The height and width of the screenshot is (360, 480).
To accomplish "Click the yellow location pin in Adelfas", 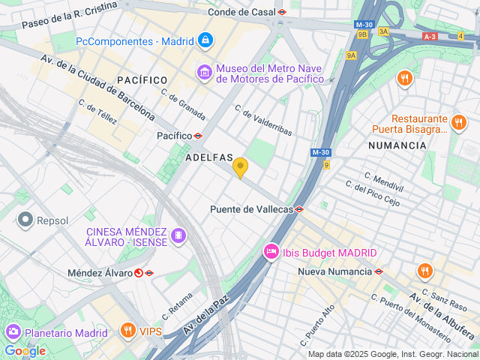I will tap(240, 167).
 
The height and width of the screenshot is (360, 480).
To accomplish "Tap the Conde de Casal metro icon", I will tap(282, 12).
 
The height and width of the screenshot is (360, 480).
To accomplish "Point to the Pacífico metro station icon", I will tap(198, 136).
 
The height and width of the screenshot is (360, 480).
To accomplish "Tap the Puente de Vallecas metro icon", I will tap(299, 209).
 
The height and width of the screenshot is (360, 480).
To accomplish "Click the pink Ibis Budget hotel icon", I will tap(270, 253).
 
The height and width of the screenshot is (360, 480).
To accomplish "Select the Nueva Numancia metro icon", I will tap(379, 271).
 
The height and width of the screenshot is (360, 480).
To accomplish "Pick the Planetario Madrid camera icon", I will tap(13, 331).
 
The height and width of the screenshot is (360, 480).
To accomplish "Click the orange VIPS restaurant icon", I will tap(128, 330).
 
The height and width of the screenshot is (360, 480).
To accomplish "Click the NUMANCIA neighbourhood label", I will tap(397, 145).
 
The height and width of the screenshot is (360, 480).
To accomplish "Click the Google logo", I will tap(25, 350).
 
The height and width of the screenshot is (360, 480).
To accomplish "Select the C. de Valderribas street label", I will tap(263, 120).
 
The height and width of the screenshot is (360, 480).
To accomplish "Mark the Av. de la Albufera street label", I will tap(442, 316).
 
